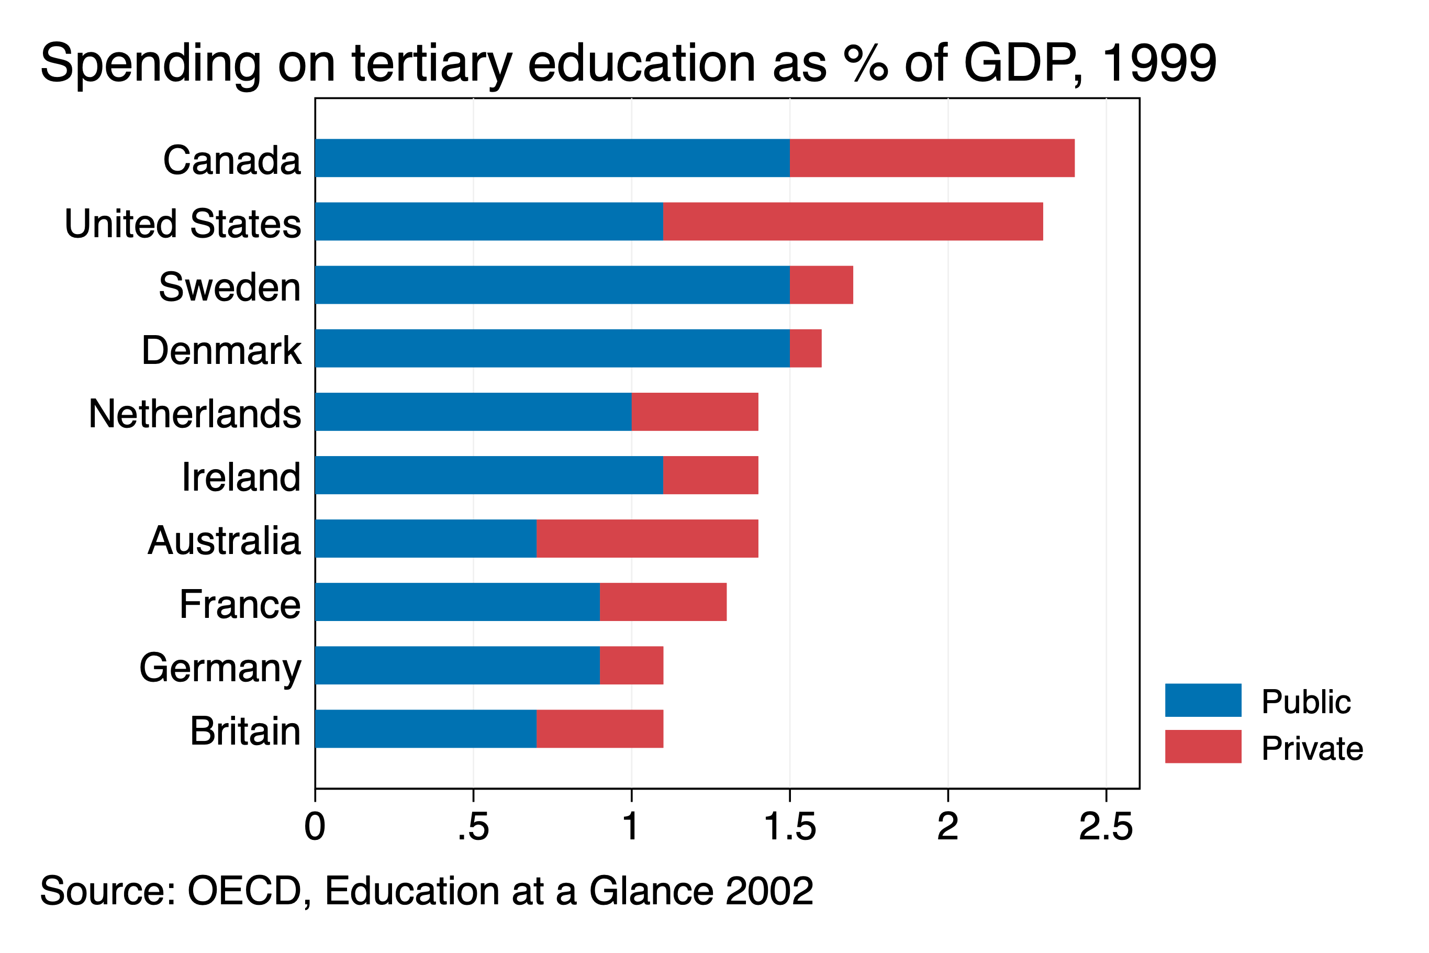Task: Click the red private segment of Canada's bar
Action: [x=932, y=158]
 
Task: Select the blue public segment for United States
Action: [x=489, y=221]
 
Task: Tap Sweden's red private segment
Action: [x=821, y=284]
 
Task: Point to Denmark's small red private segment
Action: [x=806, y=348]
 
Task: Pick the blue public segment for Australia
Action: [x=426, y=538]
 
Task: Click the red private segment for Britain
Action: [x=600, y=729]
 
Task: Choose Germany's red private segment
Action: [x=631, y=665]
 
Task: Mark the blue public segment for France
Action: [x=457, y=602]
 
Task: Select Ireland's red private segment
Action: [x=710, y=475]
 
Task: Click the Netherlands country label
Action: [x=194, y=414]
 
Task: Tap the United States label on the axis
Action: [x=182, y=224]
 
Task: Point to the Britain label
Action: [x=245, y=730]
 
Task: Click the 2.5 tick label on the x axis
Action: [x=1106, y=827]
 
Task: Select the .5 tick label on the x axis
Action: [x=473, y=827]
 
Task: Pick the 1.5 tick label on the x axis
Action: [x=789, y=827]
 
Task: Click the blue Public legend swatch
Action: [x=1203, y=700]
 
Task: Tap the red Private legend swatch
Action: [x=1203, y=746]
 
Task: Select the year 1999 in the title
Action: [x=1158, y=63]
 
